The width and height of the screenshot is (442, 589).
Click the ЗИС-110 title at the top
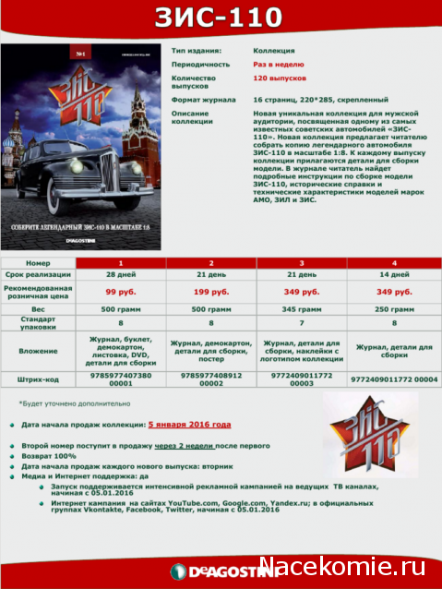coord(221,18)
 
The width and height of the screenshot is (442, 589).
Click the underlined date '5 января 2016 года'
coord(189,425)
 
